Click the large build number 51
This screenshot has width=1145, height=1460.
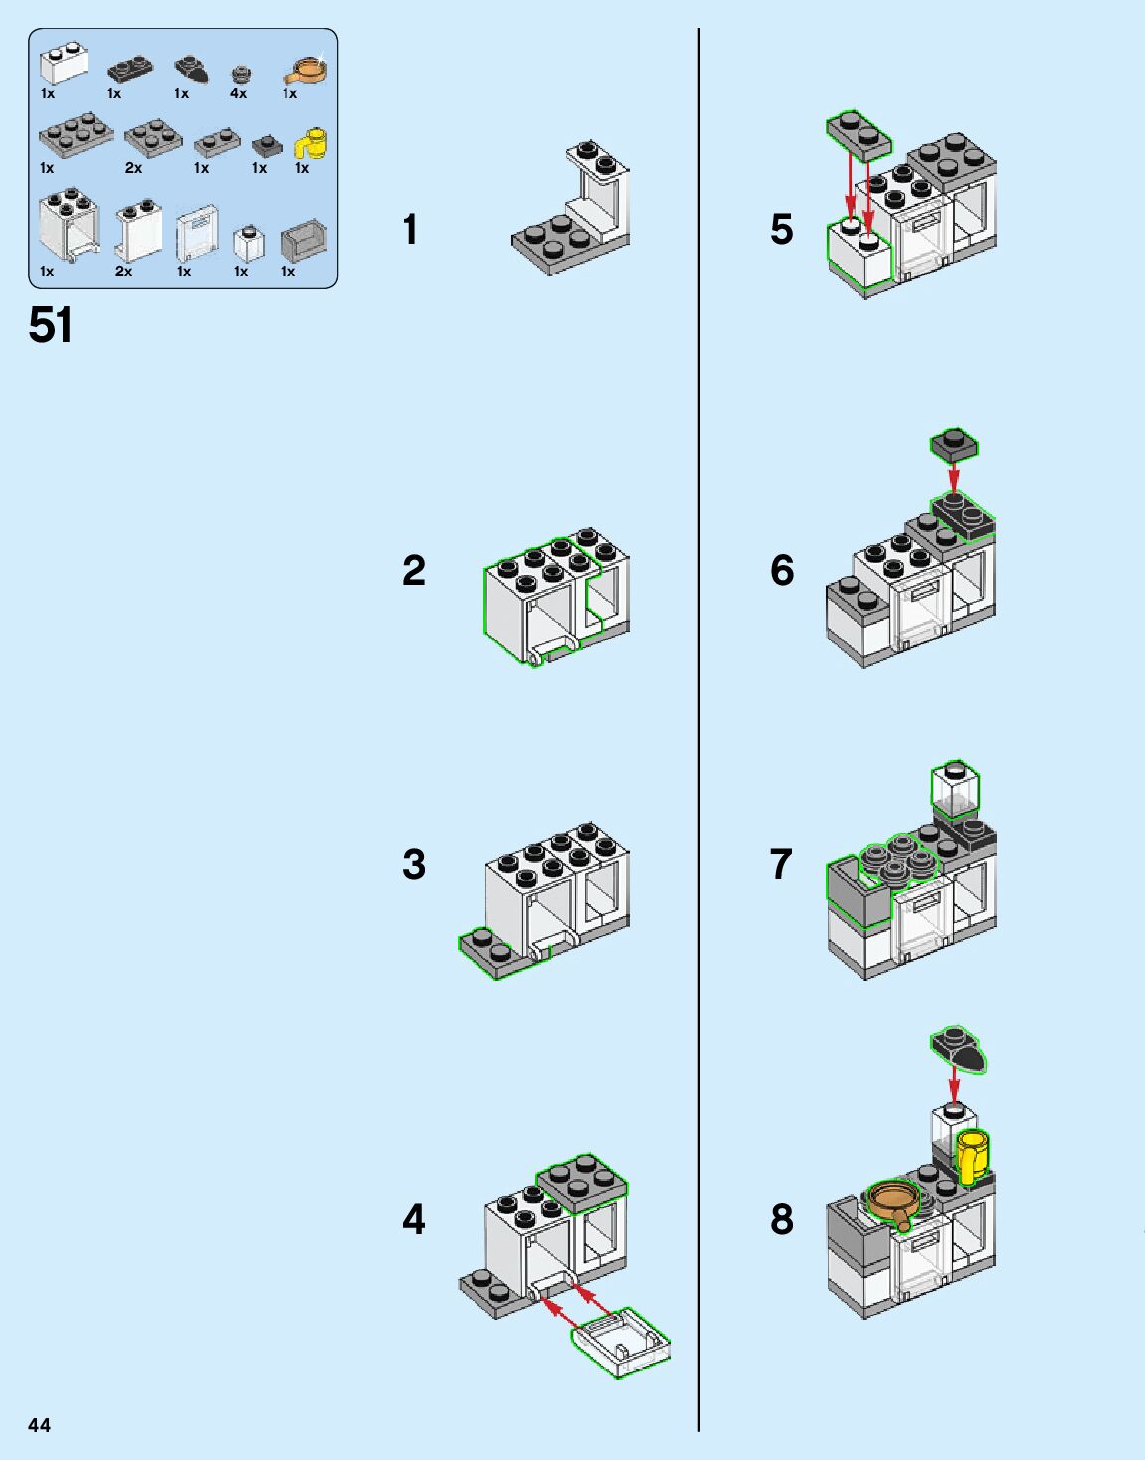[x=51, y=325]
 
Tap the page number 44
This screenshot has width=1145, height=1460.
[x=39, y=1425]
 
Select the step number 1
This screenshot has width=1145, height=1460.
[x=410, y=230]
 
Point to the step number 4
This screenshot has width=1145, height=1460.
[x=413, y=1219]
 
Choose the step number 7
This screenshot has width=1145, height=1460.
[x=781, y=864]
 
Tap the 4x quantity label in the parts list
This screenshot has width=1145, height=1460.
[x=238, y=93]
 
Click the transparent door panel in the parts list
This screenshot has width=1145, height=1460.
[x=197, y=234]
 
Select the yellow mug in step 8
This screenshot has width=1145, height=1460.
[x=971, y=1155]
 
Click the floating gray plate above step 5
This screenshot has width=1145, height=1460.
[x=859, y=134]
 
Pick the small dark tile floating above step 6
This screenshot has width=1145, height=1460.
[x=954, y=444]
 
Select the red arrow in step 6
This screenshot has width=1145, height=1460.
[x=954, y=477]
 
